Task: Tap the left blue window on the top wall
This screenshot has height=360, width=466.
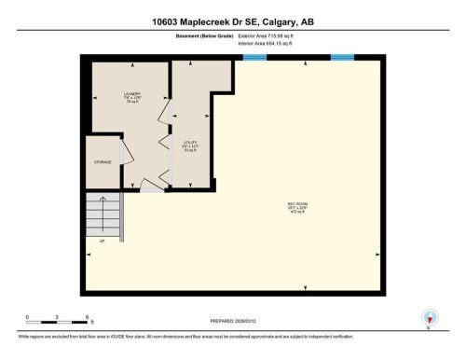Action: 254,58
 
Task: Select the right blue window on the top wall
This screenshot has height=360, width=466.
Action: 343,58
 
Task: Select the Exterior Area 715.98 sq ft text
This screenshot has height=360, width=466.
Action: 272,35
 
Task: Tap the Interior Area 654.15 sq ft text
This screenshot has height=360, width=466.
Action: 271,43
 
